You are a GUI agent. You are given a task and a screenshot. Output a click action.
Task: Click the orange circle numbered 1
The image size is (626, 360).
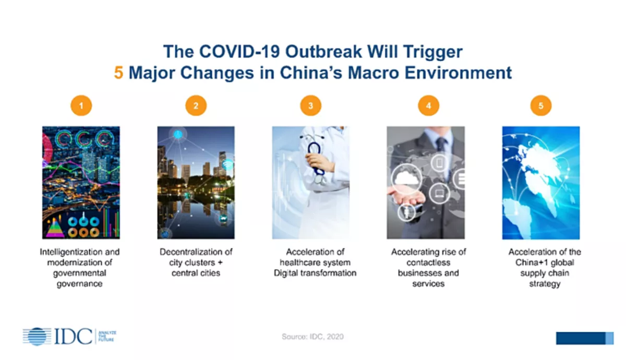tap(81, 105)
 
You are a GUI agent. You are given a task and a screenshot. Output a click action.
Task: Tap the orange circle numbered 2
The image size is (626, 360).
tap(196, 105)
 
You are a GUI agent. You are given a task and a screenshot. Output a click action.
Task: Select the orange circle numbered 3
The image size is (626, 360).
tap(311, 105)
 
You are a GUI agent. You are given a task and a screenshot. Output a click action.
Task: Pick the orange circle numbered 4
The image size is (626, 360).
tap(428, 105)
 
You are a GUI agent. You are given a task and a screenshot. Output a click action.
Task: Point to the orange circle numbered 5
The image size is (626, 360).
tap(541, 105)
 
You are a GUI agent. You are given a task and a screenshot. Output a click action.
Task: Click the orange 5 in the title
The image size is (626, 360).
tap(118, 73)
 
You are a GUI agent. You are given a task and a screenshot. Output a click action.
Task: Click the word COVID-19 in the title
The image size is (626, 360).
tap(239, 52)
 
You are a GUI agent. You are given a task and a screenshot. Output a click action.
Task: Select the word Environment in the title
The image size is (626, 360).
tap(458, 73)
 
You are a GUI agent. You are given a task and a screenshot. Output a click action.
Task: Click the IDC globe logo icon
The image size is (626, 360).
tap(37, 336)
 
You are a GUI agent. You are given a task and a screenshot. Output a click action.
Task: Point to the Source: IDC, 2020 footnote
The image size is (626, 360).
tap(312, 337)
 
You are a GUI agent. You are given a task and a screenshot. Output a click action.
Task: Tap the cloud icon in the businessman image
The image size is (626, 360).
tap(406, 178)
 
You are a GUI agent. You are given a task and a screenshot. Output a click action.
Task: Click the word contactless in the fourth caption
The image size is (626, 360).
tap(428, 262)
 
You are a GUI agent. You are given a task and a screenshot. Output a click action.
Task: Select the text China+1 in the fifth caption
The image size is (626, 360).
tap(529, 262)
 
